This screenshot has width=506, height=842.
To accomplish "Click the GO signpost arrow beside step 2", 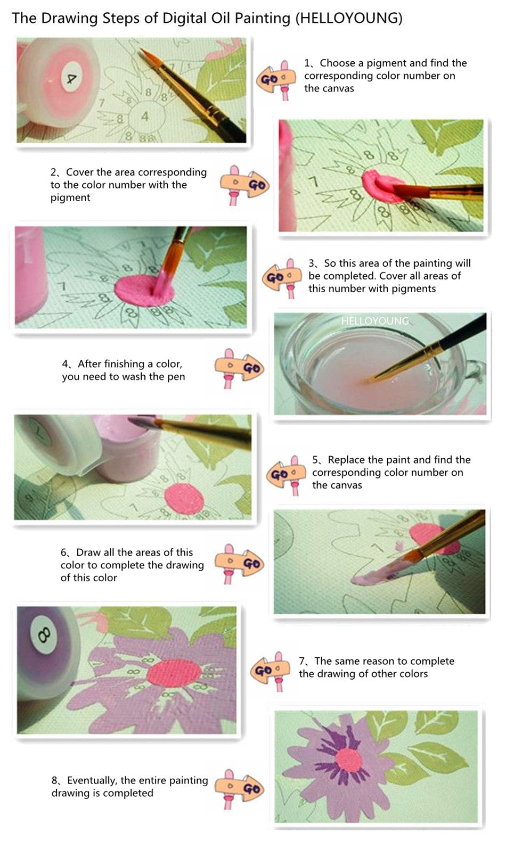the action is [244, 185].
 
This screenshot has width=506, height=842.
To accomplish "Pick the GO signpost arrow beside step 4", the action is [239, 368].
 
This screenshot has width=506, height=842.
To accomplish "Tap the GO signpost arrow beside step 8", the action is [239, 789].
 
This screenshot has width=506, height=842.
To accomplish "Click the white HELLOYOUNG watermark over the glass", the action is [374, 321].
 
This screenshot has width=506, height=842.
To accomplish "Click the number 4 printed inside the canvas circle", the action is [145, 116].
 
